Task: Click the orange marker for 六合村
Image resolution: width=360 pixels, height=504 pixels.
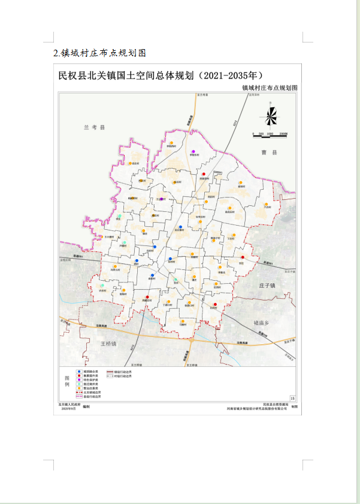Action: pos(267,204)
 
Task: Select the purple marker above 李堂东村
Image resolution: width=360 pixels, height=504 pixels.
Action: pos(193,151)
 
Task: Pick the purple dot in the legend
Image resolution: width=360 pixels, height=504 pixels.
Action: pos(79,380)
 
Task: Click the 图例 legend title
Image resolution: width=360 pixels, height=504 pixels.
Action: pos(68,383)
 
